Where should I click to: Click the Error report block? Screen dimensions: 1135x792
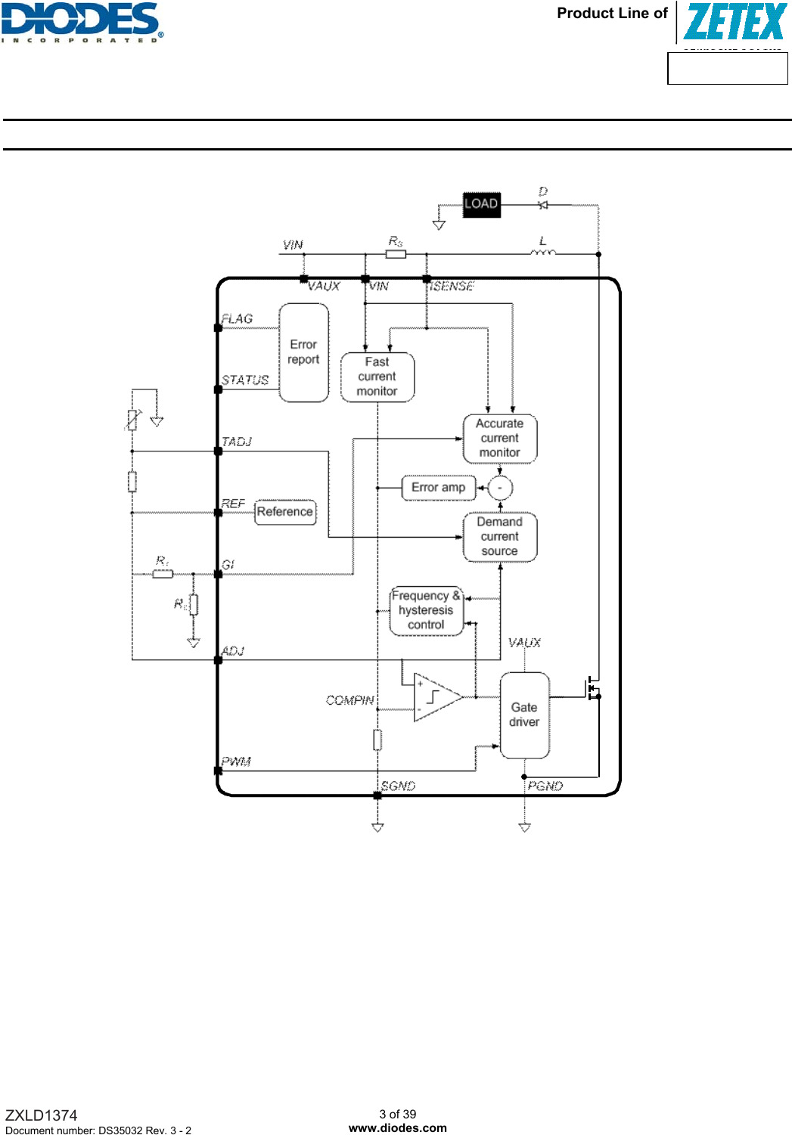303,352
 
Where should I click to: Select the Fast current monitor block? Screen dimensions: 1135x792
377,377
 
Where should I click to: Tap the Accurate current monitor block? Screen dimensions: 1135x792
499,438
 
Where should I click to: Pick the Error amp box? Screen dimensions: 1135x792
438,488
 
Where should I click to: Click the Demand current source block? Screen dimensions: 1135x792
499,537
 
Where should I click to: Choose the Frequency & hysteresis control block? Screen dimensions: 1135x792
426,610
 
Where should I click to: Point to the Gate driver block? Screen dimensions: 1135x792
524,715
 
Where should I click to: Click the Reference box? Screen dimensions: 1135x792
284,512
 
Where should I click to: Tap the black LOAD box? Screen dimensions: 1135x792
481,203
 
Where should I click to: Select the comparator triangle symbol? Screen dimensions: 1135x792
434,697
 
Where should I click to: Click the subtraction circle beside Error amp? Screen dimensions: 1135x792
500,488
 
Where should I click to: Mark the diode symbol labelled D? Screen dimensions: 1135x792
542,204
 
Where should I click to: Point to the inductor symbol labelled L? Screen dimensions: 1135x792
542,253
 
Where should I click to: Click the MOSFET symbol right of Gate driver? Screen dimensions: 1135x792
592,689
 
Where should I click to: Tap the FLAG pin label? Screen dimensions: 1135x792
237,319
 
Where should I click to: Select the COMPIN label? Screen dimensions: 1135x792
349,700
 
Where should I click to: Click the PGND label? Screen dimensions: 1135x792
545,786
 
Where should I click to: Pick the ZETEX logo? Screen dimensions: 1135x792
735,22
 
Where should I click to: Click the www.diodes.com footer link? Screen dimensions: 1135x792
397,1127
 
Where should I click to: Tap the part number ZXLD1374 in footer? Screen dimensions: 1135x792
41,1115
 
